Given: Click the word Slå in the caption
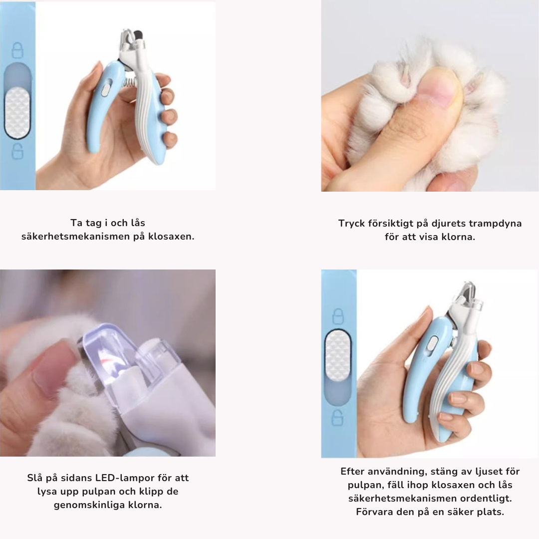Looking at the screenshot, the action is (35, 478).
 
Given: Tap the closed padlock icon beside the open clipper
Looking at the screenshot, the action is (17, 50).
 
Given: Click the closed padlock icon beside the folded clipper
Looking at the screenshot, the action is (338, 316).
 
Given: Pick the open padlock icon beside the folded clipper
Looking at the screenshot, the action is (337, 418).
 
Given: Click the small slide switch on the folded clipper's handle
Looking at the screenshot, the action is (432, 344).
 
